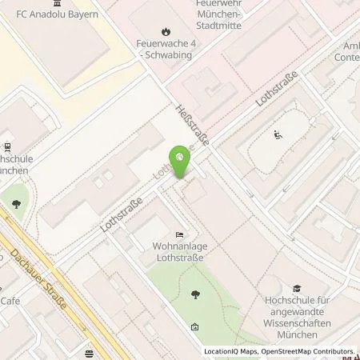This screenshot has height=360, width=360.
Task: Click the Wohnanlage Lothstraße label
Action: point(178,252)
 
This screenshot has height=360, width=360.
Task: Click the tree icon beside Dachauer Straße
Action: point(14,204)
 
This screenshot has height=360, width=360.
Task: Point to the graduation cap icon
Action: point(297,290)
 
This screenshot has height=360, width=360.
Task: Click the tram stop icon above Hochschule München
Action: point(6,146)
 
